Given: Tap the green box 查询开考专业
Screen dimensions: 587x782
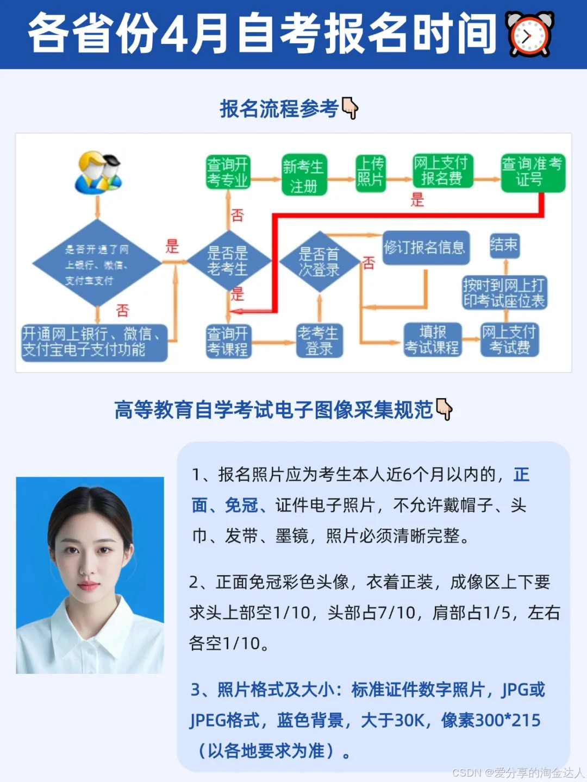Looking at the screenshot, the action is click(x=228, y=172).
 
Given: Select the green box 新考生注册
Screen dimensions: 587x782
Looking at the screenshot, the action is click(x=304, y=175).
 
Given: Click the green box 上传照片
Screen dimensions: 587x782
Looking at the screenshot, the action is click(x=371, y=172).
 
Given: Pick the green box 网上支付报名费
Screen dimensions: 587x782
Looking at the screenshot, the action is click(x=442, y=171).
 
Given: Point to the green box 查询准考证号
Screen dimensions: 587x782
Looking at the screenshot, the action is click(x=532, y=172).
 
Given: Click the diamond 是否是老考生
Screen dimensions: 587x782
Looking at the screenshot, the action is click(x=228, y=261).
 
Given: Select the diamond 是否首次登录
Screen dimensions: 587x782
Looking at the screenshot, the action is click(x=320, y=262).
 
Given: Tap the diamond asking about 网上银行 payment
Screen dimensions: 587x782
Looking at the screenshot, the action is click(x=97, y=264).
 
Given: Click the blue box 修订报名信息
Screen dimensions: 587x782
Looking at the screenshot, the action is click(x=425, y=248).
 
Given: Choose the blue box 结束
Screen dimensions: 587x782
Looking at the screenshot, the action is click(x=504, y=245).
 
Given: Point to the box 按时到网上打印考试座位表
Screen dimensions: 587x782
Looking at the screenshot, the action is click(x=504, y=293).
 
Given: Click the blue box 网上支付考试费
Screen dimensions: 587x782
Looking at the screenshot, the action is click(x=509, y=339).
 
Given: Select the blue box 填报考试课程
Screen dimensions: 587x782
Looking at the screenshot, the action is click(x=433, y=339).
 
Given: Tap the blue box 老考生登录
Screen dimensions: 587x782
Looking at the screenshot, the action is click(x=319, y=340).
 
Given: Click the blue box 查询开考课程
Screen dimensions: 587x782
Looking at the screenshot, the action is click(x=228, y=341).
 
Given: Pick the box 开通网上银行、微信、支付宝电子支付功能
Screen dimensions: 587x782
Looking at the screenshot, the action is click(x=93, y=342).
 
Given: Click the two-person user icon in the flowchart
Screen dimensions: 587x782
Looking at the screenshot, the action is click(x=98, y=173).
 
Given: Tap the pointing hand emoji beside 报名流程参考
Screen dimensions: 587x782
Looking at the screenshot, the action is click(x=350, y=109).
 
